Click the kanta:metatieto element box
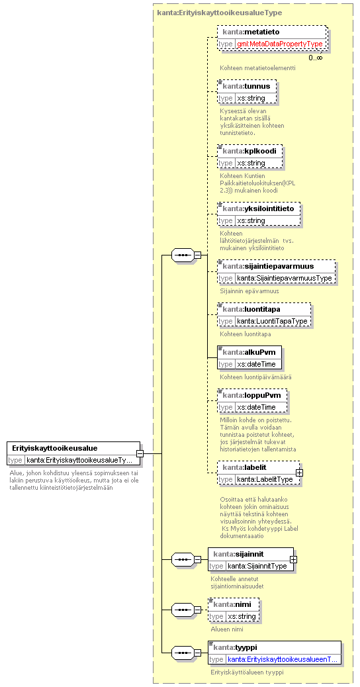coord(272,38)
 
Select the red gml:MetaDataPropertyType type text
coord(280,44)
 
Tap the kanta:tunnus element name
coord(248,86)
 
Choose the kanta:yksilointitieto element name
coord(261,208)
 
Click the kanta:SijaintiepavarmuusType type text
coord(285,278)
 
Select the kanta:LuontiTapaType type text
coord(273,321)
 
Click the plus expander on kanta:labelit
coord(300,473)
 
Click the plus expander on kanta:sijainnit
coord(293,559)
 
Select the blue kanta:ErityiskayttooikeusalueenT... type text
coord(282,659)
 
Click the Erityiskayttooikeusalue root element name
coord(55,448)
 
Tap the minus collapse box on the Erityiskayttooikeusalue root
coord(140,453)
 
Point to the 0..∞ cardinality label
coord(315,58)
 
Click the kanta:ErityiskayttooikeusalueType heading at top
coord(219,13)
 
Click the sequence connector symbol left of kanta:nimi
coord(183,610)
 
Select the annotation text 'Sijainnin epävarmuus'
coord(249,291)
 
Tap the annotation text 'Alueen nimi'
coord(227,629)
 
